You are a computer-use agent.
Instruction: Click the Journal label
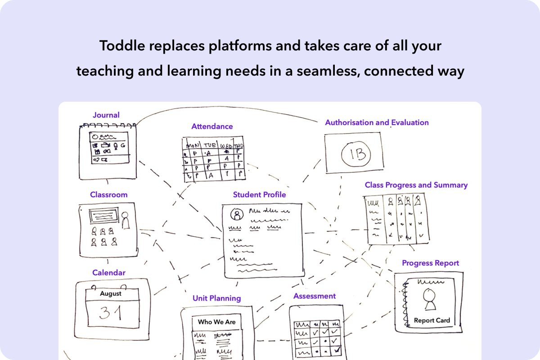coord(106,115)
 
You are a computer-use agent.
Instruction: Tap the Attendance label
coord(212,126)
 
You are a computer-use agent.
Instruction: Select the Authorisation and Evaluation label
coord(377,122)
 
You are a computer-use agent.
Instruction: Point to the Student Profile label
coord(259,195)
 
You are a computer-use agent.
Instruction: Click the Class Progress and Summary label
coord(416,185)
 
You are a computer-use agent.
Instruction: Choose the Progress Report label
coord(430,263)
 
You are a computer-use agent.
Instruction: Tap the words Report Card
coord(432,320)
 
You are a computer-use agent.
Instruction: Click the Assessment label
coord(315,296)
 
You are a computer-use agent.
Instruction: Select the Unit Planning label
coord(216,298)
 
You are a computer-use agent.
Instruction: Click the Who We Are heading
coord(216,322)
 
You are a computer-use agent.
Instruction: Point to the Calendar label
coord(109,273)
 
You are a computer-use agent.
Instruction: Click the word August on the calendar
coord(111,293)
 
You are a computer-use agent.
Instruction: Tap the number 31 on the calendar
coord(111,313)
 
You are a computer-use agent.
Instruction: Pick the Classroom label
coord(108,195)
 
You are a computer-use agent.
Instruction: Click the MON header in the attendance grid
coord(193,146)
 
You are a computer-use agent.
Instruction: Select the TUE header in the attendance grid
coord(210,146)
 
